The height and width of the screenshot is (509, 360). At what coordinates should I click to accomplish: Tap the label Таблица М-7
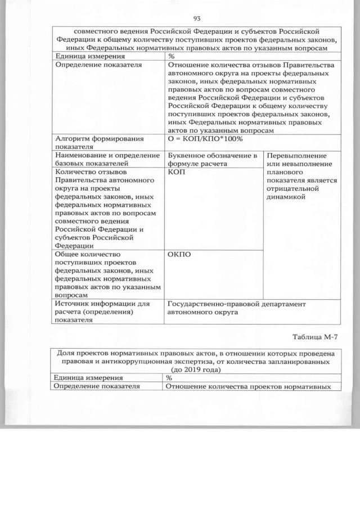(317, 337)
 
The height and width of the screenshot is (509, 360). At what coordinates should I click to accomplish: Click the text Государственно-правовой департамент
(237, 304)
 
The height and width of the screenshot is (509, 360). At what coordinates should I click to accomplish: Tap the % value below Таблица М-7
(169, 378)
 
